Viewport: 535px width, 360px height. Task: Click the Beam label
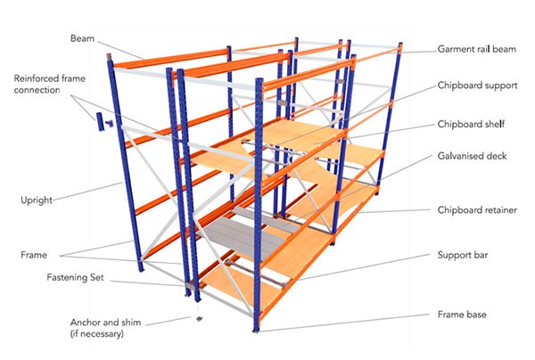point(82,38)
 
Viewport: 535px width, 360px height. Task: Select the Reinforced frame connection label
point(49,84)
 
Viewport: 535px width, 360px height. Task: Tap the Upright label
point(37,200)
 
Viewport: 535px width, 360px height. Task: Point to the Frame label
point(34,255)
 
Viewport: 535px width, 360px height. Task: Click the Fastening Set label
point(75,277)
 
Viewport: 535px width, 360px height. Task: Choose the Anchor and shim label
point(105,328)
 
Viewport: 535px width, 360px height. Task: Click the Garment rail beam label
point(477,49)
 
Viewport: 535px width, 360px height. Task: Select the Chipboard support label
point(477,86)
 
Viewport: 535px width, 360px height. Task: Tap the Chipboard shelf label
point(471,124)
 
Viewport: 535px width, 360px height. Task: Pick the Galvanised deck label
point(472,156)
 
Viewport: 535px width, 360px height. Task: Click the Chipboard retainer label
point(477,210)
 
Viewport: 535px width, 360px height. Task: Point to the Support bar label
point(463,255)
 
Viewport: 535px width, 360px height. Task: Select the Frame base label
point(462,315)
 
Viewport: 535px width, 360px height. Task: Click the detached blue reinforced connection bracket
point(103,122)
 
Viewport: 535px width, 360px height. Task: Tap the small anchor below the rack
point(200,319)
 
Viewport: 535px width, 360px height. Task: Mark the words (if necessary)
point(97,334)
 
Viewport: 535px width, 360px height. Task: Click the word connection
point(37,90)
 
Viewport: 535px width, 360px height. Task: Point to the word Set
point(97,277)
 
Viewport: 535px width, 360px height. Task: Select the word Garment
point(454,49)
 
